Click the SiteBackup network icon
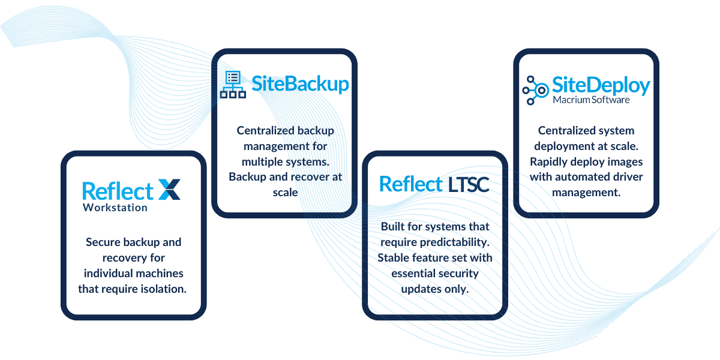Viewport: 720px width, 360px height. click(x=232, y=85)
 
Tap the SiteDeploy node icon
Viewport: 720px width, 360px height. click(x=535, y=90)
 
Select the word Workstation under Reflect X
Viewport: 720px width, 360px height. click(x=115, y=208)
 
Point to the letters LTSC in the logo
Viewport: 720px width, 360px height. click(x=469, y=184)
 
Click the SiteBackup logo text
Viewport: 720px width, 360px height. click(x=300, y=83)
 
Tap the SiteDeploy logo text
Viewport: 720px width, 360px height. click(x=601, y=85)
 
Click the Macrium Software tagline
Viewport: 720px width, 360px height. click(x=591, y=100)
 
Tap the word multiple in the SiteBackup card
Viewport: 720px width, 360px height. click(x=262, y=161)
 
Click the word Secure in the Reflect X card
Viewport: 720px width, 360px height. click(x=106, y=242)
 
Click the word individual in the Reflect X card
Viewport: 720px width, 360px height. click(x=107, y=273)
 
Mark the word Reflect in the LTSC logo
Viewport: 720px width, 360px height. click(x=411, y=184)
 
